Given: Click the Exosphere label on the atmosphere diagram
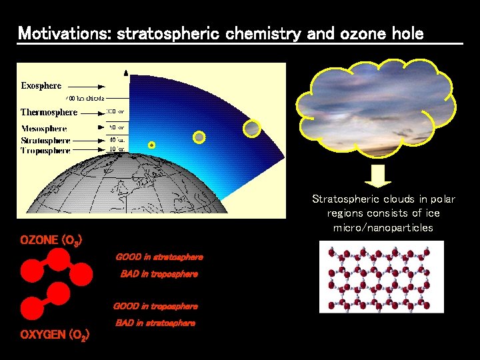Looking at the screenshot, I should pyautogui.click(x=41, y=85).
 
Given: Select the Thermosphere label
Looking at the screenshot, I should pyautogui.click(x=49, y=112).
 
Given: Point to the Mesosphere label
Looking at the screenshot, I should pyautogui.click(x=44, y=128).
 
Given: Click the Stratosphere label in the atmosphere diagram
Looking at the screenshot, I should pyautogui.click(x=45, y=141).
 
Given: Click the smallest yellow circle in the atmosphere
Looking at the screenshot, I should pyautogui.click(x=151, y=145).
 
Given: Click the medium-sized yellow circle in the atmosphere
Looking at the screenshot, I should pyautogui.click(x=198, y=137).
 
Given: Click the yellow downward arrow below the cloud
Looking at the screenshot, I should pyautogui.click(x=379, y=176).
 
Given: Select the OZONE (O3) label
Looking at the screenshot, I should pyautogui.click(x=51, y=240).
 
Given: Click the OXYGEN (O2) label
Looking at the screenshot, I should pyautogui.click(x=55, y=335).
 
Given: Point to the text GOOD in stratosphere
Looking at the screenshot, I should pyautogui.click(x=159, y=257).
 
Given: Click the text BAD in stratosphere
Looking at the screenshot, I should pyautogui.click(x=155, y=323).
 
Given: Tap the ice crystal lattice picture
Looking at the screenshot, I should pyautogui.click(x=381, y=277).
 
